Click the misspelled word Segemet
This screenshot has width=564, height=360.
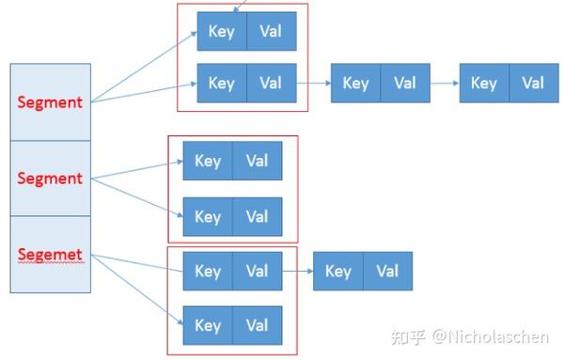(50, 255)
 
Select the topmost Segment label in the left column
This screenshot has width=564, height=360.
(50, 102)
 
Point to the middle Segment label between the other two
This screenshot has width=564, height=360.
(50, 178)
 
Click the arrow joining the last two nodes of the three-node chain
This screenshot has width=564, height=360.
(445, 83)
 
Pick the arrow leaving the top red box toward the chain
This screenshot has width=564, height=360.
(314, 83)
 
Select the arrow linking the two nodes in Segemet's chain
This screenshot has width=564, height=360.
(297, 272)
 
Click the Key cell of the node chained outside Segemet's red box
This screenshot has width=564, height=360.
(337, 272)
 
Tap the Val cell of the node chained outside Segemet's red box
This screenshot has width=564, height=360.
(387, 272)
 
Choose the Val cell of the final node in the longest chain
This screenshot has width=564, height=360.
(533, 83)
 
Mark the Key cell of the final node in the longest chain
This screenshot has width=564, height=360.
(483, 83)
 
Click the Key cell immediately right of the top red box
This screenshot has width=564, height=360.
(355, 83)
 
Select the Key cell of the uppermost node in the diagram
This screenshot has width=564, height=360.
(222, 31)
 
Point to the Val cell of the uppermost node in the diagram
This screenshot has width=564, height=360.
(272, 31)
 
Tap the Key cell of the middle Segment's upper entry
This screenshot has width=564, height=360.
(208, 161)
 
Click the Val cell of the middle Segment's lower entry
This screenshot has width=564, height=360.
(257, 217)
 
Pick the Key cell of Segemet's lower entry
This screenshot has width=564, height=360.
(208, 325)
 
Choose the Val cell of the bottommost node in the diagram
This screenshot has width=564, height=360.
(257, 325)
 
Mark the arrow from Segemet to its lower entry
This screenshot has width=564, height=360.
(136, 291)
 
